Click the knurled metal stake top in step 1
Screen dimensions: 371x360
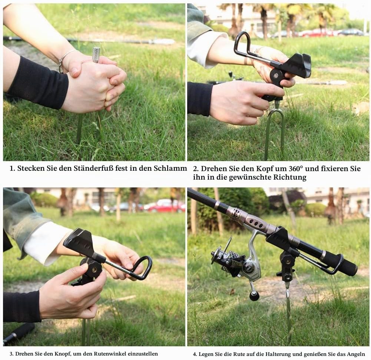click(96, 54)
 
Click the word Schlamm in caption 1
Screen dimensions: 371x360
click(170, 168)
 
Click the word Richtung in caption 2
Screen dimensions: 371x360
click(289, 177)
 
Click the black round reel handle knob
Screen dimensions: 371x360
click(254, 296)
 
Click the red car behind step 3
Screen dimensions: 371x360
click(166, 206)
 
